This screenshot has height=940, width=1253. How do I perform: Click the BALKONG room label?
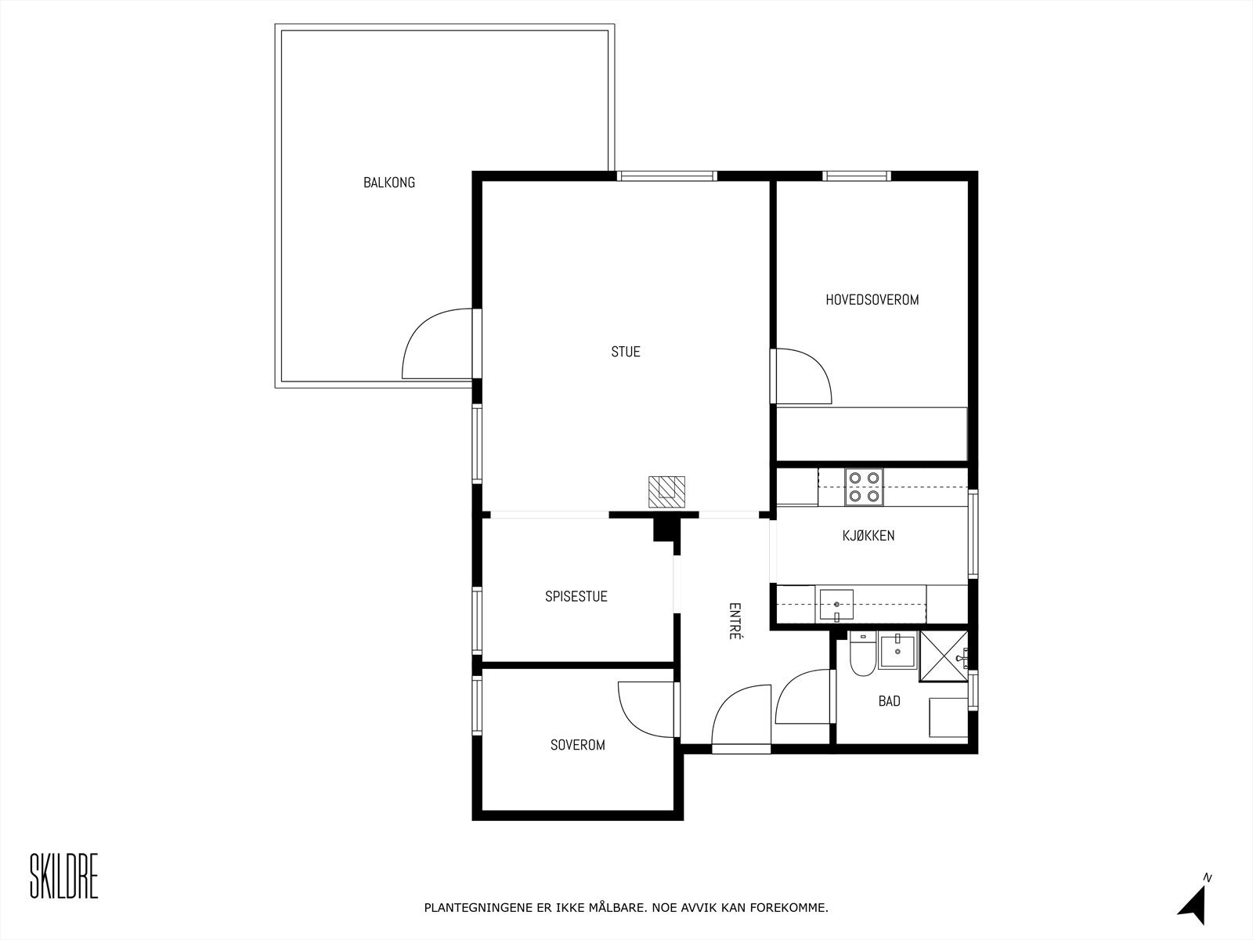pyautogui.click(x=388, y=183)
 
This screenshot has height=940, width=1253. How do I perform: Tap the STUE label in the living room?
pyautogui.click(x=626, y=352)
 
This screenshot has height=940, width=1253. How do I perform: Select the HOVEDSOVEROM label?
pyautogui.click(x=872, y=299)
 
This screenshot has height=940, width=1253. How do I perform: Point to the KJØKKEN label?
pyautogui.click(x=868, y=536)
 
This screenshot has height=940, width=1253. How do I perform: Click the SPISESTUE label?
pyautogui.click(x=576, y=596)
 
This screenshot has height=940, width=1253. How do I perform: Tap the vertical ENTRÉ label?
pyautogui.click(x=735, y=621)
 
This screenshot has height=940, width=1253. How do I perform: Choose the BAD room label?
pyautogui.click(x=889, y=701)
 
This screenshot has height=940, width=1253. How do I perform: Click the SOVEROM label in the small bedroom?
pyautogui.click(x=577, y=745)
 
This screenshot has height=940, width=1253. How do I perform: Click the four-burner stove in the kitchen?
pyautogui.click(x=864, y=486)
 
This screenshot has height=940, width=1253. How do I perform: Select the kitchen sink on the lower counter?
pyautogui.click(x=836, y=605)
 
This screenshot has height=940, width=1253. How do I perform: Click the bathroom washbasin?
pyautogui.click(x=897, y=649)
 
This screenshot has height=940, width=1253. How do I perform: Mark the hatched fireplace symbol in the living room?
pyautogui.click(x=666, y=491)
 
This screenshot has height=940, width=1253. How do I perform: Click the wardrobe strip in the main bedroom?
pyautogui.click(x=871, y=433)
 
